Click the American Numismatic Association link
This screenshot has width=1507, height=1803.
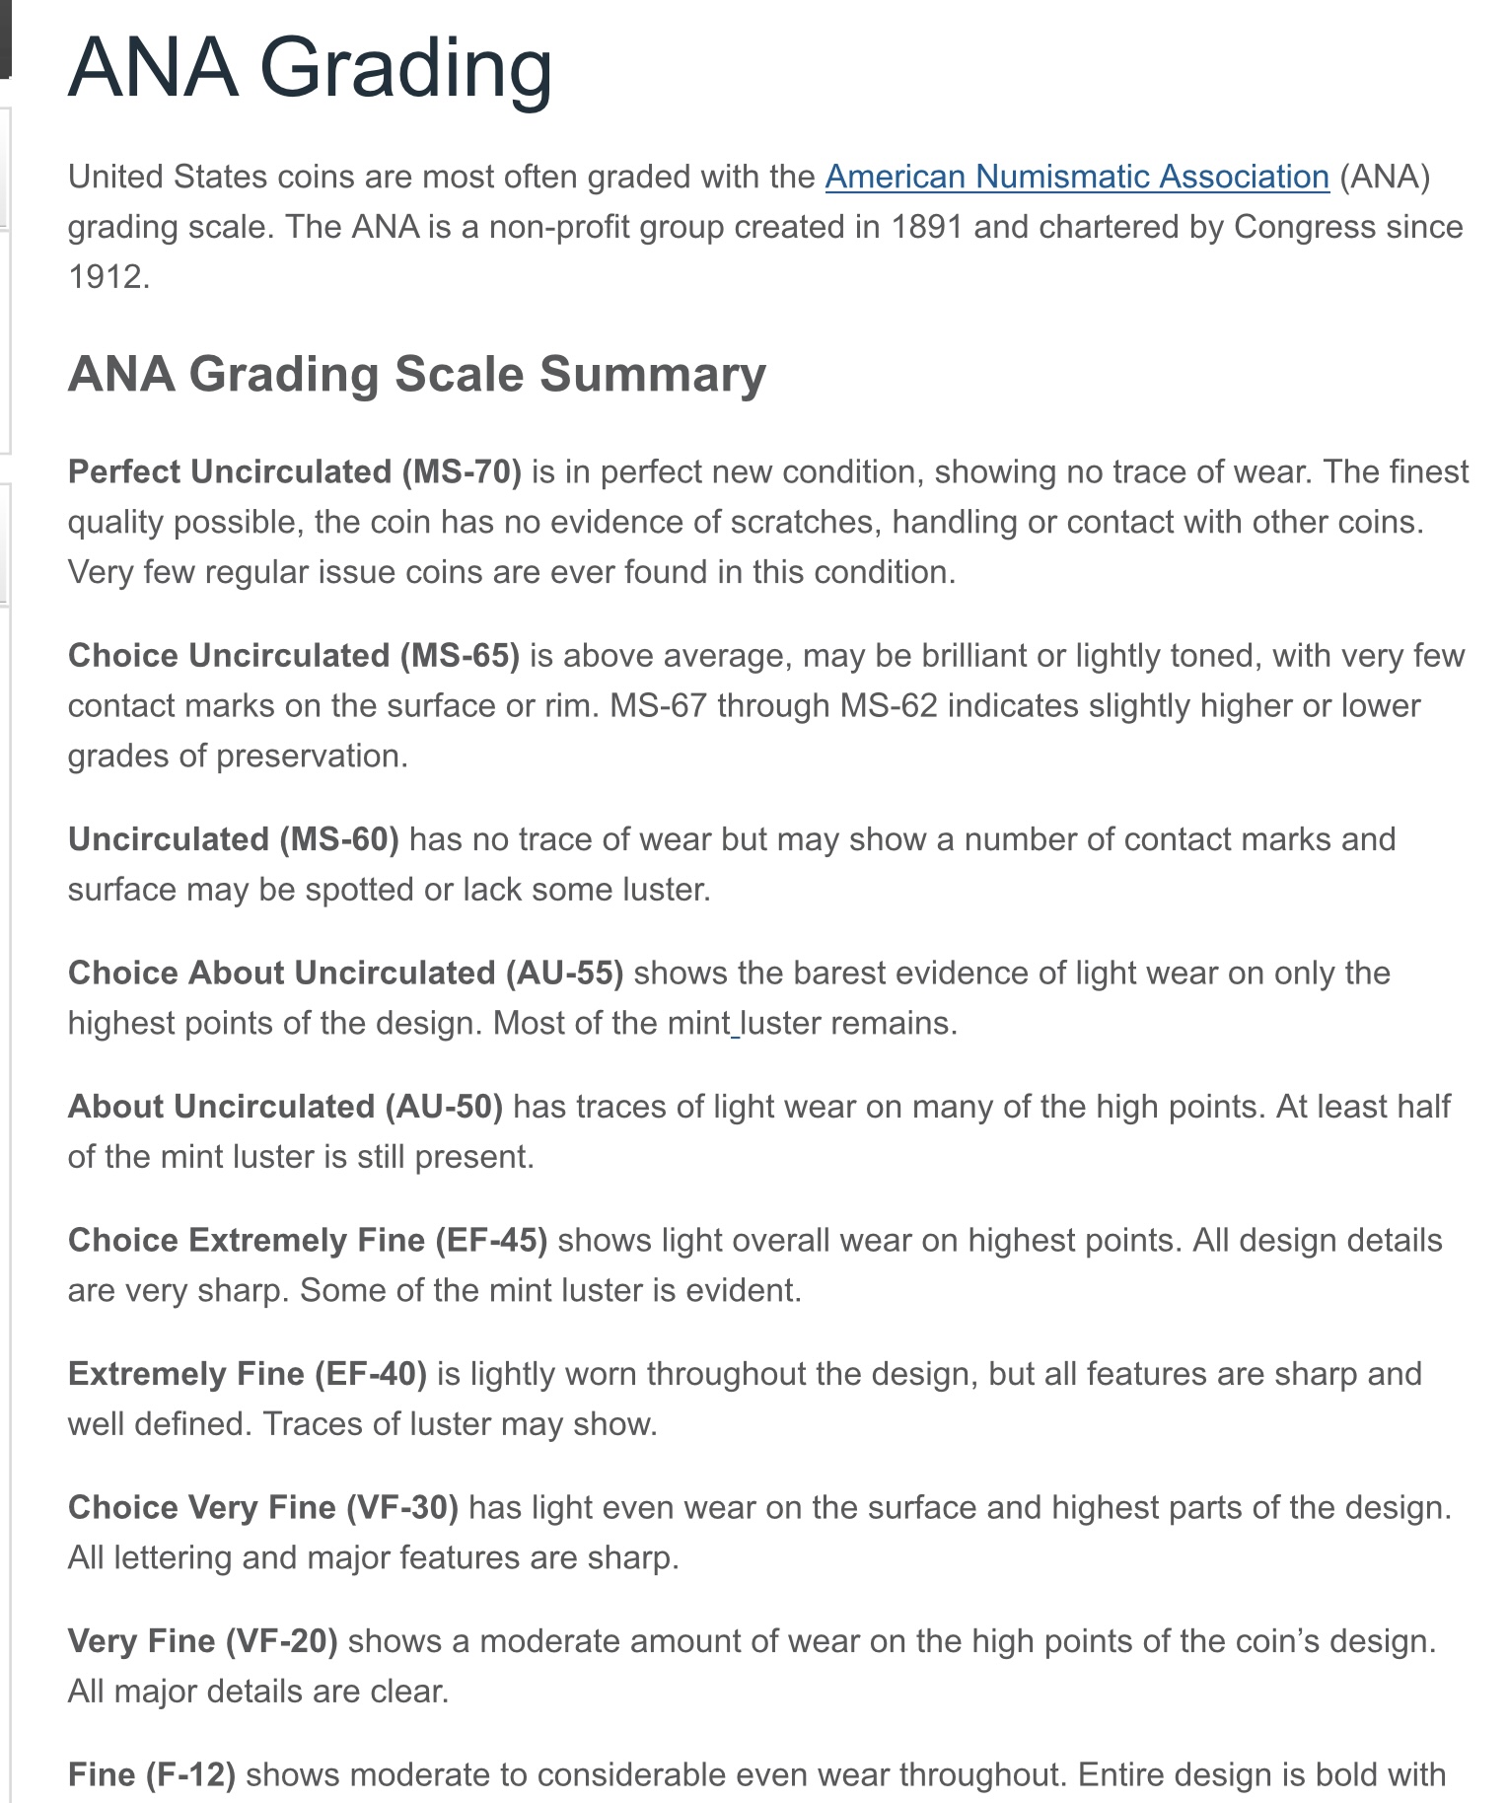tap(1077, 177)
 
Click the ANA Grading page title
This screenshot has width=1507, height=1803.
tap(310, 68)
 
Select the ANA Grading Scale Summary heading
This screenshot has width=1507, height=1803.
tap(416, 375)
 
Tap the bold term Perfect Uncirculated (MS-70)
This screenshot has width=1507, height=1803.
tap(294, 471)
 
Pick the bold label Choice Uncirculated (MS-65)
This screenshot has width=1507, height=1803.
tap(293, 655)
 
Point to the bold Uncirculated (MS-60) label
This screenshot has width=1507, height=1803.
tap(233, 838)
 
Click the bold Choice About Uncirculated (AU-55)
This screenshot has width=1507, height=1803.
tap(345, 973)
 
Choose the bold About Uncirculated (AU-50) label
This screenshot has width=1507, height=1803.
tap(285, 1106)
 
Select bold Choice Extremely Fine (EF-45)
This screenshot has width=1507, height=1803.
tap(307, 1240)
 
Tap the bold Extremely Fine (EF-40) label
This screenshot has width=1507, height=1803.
tap(247, 1373)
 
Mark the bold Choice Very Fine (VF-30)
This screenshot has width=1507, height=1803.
tap(262, 1507)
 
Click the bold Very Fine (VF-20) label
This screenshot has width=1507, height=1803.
tap(202, 1640)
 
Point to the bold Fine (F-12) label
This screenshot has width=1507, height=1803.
tap(151, 1774)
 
